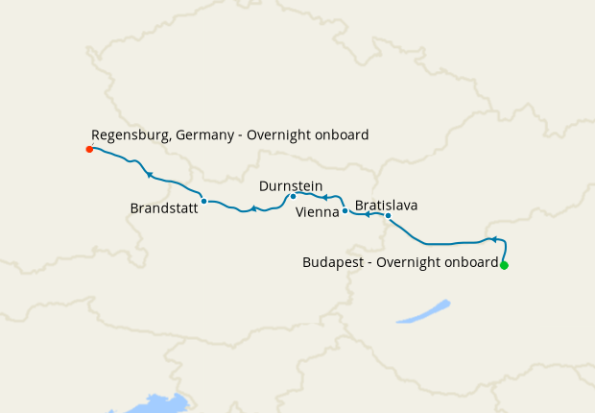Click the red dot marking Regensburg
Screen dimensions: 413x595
[x=89, y=149]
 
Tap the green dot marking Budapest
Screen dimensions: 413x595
[x=504, y=265]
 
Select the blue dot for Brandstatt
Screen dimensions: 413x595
[x=204, y=201]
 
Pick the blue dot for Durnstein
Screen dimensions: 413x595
[x=293, y=197]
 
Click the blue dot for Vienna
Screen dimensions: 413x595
[x=345, y=210]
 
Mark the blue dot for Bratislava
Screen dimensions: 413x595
[x=388, y=215]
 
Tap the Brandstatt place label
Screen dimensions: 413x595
[x=163, y=207]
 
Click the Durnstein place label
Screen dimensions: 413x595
[x=291, y=185]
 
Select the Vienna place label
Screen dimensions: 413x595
[x=318, y=211]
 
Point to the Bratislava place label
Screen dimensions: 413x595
[x=386, y=205]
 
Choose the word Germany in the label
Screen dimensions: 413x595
[x=205, y=136]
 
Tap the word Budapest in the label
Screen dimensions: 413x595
[x=332, y=261]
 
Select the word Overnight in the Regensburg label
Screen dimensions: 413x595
[x=280, y=136]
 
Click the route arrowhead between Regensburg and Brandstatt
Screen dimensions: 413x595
[x=149, y=174]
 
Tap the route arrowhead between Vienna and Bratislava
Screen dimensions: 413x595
[x=368, y=215]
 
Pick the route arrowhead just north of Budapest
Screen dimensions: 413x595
[x=491, y=239]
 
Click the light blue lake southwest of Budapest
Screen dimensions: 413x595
[x=423, y=311]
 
